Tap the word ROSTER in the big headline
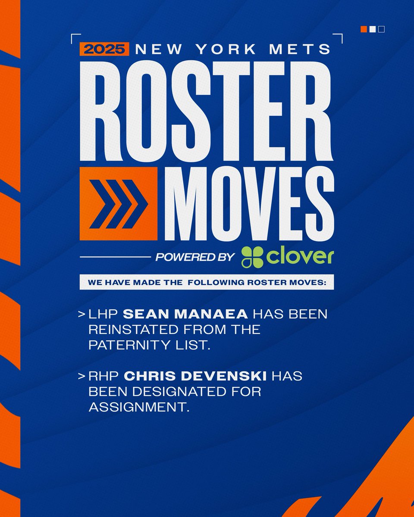206,112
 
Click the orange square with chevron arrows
118,203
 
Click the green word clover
300,257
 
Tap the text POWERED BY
195,258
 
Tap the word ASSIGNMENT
139,407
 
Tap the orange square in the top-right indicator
364,29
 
